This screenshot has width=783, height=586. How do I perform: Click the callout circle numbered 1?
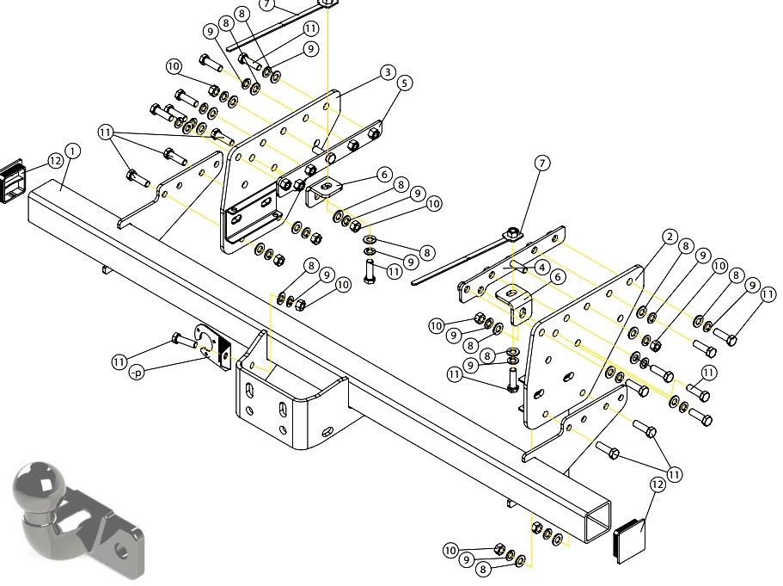point(72,151)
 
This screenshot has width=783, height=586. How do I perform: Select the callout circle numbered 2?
point(670,237)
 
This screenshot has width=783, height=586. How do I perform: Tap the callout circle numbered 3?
point(388,72)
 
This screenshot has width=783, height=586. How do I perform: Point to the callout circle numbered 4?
point(541,268)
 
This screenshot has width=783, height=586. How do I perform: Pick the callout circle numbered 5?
point(405,83)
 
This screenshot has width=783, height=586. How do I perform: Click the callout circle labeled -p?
point(136,373)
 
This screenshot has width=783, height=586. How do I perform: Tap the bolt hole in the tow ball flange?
point(121,552)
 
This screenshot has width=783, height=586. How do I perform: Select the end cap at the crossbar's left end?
point(13,181)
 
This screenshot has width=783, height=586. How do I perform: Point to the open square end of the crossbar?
point(597,521)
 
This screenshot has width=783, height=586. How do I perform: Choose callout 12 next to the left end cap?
point(55,161)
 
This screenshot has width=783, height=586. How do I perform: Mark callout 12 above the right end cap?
point(658,484)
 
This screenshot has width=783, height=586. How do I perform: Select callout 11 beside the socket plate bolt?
point(119,362)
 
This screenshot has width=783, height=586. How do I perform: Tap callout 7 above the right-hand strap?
point(542,163)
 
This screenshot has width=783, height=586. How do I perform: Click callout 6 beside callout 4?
point(558,276)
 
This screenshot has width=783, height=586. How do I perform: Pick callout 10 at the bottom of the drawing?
point(450,551)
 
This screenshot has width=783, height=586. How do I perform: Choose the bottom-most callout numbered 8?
point(482,569)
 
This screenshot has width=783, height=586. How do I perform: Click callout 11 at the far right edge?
point(768,295)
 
